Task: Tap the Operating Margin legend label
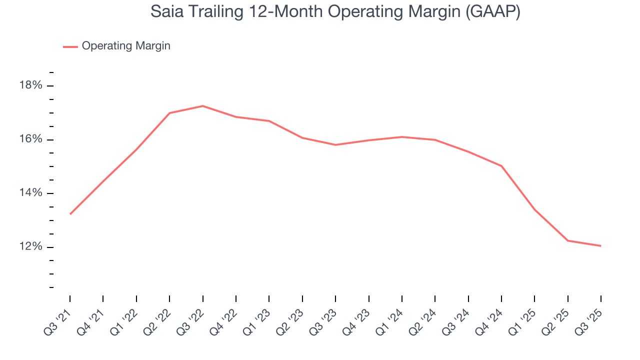tap(126, 46)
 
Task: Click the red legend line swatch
tap(70, 46)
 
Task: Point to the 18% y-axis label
tap(30, 85)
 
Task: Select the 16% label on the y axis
tap(30, 139)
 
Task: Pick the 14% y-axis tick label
tap(30, 193)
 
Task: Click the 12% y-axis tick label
tap(30, 247)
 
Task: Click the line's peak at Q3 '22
tap(202, 106)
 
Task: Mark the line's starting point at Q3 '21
tap(70, 214)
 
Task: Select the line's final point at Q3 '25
tap(600, 245)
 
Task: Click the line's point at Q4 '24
tap(501, 166)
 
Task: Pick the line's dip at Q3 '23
tap(335, 145)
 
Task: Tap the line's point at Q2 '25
tap(568, 240)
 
